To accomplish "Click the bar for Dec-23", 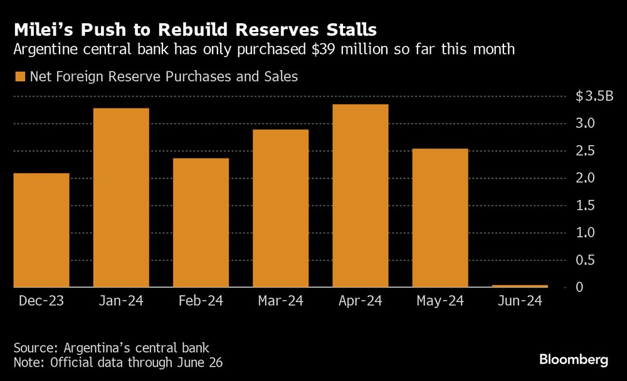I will coord(41,230).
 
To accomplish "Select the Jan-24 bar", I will coord(121,197).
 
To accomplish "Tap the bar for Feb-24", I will coord(201,222).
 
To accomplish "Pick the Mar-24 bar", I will coord(280,208).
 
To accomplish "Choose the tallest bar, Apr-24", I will coord(361,196).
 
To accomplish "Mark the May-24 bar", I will coord(440,217).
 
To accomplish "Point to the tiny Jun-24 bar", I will coord(520,286).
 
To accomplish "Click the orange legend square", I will coord(19,77).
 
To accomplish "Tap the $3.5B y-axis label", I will coord(594,97).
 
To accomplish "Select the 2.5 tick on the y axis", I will coord(585,151).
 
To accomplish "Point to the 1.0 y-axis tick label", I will coord(585,232).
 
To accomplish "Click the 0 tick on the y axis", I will coord(579,287).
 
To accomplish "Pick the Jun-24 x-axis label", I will coord(520,301).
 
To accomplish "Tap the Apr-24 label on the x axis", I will coord(361,301).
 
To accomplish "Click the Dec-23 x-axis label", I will coord(41,301).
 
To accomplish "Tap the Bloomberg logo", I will coord(574,360).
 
